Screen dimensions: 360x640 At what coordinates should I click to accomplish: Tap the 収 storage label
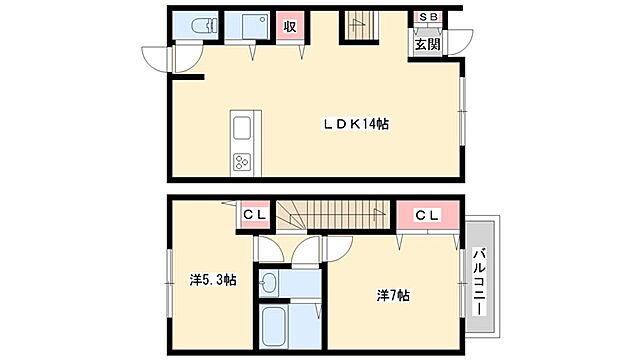point(290,26)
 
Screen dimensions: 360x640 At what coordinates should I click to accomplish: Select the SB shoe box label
point(427,18)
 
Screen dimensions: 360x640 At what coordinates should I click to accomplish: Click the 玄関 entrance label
point(427,44)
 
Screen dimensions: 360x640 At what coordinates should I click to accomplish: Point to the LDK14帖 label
point(355,124)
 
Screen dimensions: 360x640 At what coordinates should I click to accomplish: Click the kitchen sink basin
point(244,129)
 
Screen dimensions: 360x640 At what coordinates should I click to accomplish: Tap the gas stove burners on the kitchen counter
point(244,161)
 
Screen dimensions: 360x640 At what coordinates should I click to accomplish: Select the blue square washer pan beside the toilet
point(245,26)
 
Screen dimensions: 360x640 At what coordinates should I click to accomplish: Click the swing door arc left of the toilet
point(160,58)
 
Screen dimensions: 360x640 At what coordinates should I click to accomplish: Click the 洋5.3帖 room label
point(213,280)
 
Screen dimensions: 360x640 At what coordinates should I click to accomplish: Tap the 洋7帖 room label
point(394,296)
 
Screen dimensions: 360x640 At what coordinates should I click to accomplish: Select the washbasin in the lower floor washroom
point(270,283)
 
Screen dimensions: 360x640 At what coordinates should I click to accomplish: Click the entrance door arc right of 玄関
point(450,43)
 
